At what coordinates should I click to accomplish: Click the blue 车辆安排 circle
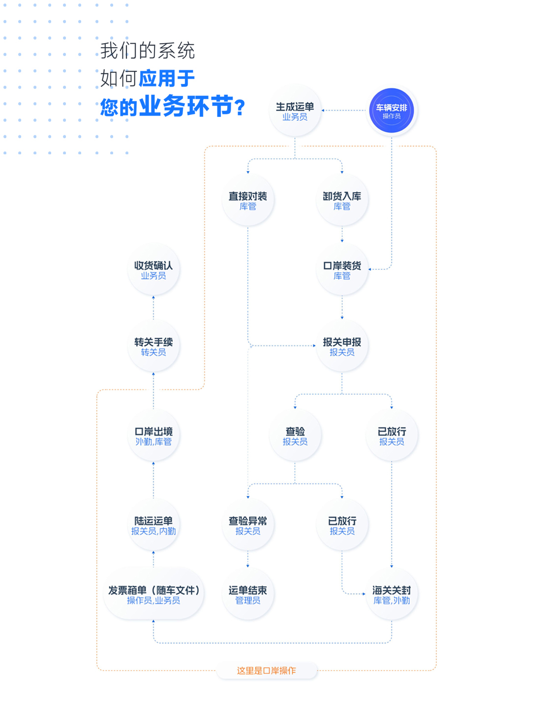(x=391, y=111)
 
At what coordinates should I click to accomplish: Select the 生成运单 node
(x=295, y=111)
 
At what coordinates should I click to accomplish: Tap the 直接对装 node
(x=247, y=200)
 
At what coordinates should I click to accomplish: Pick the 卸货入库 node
(x=342, y=200)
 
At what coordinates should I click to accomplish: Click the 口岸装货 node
(x=342, y=270)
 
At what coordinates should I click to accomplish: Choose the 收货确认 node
(x=153, y=270)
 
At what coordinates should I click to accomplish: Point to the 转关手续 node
(x=153, y=346)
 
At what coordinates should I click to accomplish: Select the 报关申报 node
(x=342, y=346)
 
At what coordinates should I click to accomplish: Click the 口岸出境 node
(x=153, y=435)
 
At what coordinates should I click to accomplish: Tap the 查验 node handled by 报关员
(x=295, y=435)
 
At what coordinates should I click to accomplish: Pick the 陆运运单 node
(x=153, y=525)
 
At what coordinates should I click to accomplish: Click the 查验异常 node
(x=247, y=525)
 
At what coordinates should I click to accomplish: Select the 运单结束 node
(x=247, y=594)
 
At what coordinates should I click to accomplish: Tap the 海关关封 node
(x=392, y=594)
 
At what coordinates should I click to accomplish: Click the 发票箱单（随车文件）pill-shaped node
(x=153, y=594)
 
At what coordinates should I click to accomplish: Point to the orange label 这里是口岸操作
(x=266, y=671)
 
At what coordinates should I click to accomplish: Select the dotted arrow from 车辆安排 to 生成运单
(x=344, y=111)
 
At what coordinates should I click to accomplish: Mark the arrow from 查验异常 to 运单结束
(x=247, y=559)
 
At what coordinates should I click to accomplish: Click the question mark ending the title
(x=240, y=108)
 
